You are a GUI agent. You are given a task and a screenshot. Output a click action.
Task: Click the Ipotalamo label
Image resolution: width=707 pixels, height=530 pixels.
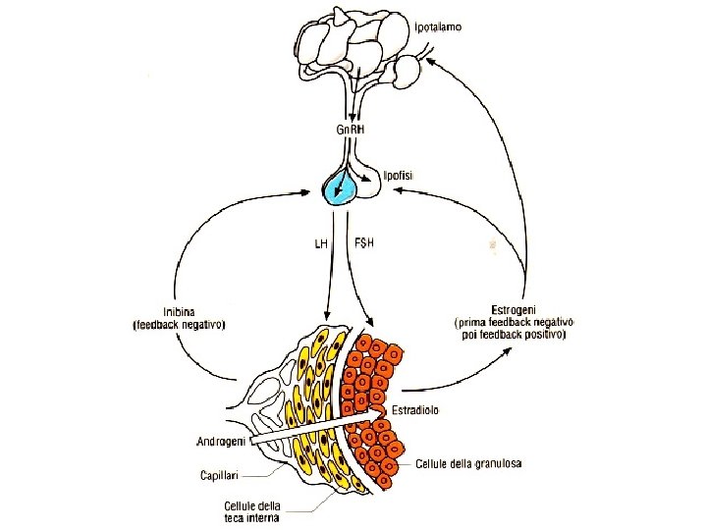438,27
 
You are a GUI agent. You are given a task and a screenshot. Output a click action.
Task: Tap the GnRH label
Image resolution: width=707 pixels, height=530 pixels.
351,130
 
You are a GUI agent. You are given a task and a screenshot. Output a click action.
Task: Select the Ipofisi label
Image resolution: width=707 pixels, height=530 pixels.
398,176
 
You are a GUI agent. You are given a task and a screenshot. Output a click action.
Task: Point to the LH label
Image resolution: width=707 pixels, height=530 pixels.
321,243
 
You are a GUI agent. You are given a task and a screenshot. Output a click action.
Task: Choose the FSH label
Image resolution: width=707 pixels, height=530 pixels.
364,243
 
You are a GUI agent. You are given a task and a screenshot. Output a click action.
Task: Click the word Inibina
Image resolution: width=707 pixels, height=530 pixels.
179,312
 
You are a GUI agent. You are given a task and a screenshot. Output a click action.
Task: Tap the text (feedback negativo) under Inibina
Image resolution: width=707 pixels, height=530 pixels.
179,325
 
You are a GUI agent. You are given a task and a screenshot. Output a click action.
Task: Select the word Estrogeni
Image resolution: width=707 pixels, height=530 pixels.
514,309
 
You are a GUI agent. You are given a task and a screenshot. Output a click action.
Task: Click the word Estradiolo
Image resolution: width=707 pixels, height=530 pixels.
415,410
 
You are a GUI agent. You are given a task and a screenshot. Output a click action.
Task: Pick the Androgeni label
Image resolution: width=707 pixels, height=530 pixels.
221,442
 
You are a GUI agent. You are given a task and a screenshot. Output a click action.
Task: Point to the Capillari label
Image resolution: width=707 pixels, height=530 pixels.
219,475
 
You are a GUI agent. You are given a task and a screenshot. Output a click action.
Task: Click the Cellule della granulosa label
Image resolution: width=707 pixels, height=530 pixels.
469,463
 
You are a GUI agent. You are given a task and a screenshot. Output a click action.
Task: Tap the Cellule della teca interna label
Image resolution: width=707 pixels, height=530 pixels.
252,511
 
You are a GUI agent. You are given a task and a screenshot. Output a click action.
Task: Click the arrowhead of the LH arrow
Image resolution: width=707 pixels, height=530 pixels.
327,316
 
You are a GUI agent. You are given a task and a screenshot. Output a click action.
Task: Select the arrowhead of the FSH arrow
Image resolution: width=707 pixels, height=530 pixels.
369,321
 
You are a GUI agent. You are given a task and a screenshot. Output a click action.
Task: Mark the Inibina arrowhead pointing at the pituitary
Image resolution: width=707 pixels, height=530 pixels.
304,192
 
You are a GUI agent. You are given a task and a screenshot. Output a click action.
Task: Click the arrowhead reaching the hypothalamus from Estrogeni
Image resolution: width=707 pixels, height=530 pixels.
431,61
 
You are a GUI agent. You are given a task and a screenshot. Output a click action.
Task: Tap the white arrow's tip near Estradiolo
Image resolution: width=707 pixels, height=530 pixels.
378,412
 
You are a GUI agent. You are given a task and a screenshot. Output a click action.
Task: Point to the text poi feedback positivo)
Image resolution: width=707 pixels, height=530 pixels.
514,336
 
